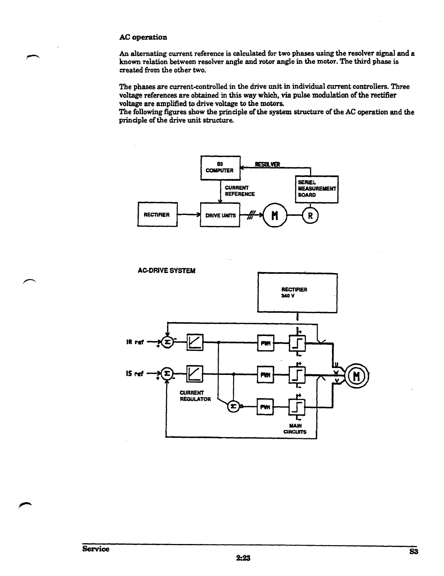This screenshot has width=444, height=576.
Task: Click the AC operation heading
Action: [143, 37]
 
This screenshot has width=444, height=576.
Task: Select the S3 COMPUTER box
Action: [220, 167]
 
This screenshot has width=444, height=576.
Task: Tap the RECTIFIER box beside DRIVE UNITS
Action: [157, 215]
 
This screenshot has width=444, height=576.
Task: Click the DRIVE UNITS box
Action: [220, 215]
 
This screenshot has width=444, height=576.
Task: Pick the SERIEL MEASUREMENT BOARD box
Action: [316, 189]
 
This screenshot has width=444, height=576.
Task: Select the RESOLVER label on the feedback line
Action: [267, 164]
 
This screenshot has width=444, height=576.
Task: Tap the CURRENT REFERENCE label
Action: [239, 191]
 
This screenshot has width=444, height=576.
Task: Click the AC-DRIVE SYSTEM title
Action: [166, 271]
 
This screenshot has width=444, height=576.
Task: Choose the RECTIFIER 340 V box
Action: [297, 292]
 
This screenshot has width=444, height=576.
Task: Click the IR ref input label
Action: [135, 342]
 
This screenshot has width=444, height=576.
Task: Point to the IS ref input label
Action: [135, 373]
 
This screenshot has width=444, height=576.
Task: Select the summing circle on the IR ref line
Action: [167, 343]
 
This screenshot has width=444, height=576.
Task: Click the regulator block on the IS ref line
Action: [195, 374]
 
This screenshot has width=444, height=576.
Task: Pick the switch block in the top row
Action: [297, 343]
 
